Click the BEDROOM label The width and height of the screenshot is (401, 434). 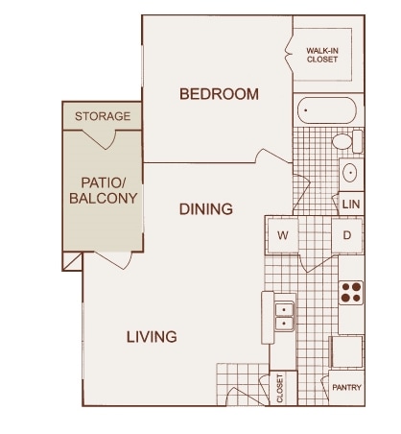click(219, 94)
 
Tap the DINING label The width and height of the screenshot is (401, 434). click(206, 209)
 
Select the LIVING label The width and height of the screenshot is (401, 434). click(152, 337)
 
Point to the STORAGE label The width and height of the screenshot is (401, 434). click(103, 116)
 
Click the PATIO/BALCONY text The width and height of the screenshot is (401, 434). click(104, 190)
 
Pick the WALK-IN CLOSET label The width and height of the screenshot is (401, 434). click(322, 55)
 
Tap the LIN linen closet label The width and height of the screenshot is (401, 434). click(351, 205)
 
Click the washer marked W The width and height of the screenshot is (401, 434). click(283, 235)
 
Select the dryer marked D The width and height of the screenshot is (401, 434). click(347, 235)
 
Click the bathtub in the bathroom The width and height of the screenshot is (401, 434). click(327, 110)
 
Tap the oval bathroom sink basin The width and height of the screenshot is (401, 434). click(349, 173)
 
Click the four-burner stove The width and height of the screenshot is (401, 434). click(351, 293)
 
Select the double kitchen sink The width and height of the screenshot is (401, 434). click(284, 317)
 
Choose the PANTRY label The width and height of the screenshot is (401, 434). click(346, 388)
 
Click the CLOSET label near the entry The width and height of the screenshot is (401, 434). click(280, 388)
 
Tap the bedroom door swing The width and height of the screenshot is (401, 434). click(273, 157)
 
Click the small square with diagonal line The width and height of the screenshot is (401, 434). click(73, 261)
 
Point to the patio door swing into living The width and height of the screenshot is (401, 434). click(113, 260)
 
